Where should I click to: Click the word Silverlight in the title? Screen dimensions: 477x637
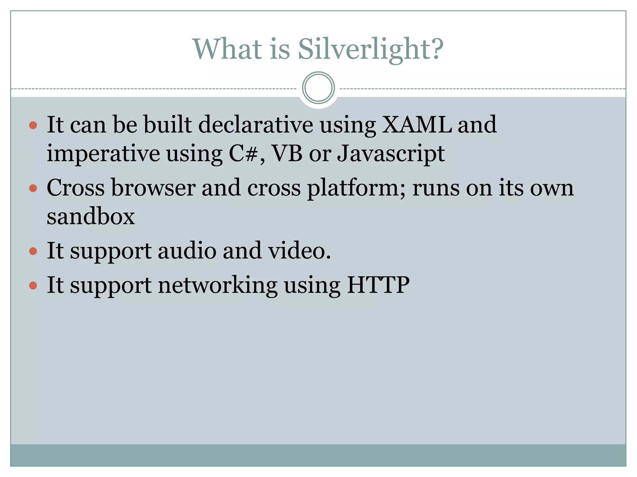[370, 49]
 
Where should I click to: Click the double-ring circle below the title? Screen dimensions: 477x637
[318, 88]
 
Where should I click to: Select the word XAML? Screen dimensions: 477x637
[417, 125]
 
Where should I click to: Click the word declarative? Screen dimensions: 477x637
[255, 125]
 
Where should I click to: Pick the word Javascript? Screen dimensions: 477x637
[391, 154]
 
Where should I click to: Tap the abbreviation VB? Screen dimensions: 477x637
[287, 153]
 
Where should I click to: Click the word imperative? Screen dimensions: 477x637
[103, 154]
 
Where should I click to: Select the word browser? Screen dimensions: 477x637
[154, 188]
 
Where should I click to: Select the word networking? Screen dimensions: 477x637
[218, 285]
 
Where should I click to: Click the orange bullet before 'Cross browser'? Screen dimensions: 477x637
[33, 188]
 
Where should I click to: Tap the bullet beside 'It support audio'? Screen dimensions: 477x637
[33, 251]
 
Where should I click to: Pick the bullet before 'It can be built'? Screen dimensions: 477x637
[33, 125]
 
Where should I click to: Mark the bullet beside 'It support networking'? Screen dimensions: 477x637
[33, 285]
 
